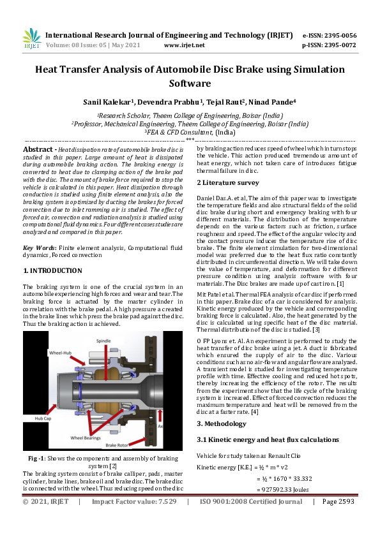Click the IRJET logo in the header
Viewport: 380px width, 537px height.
[31, 39]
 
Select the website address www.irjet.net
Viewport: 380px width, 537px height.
[184, 45]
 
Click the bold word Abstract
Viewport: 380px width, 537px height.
[38, 149]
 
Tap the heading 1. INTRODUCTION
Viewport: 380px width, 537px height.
[52, 271]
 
